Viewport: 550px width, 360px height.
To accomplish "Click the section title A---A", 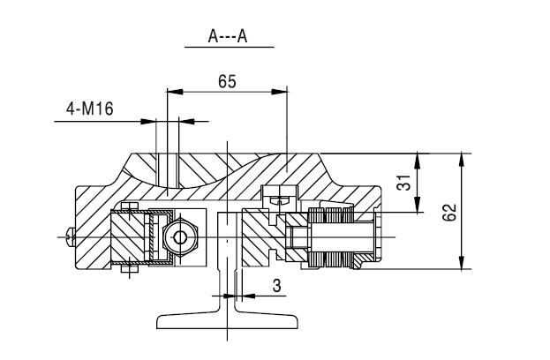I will click(x=229, y=36).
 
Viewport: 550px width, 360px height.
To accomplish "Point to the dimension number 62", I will click(x=449, y=210).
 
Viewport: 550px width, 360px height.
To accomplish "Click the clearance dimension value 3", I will click(x=275, y=285).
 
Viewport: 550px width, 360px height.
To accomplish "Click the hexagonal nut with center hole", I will click(x=182, y=237).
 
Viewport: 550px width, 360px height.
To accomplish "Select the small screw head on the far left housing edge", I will click(x=70, y=236).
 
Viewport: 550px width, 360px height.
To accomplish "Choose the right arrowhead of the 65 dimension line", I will click(x=284, y=91).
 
